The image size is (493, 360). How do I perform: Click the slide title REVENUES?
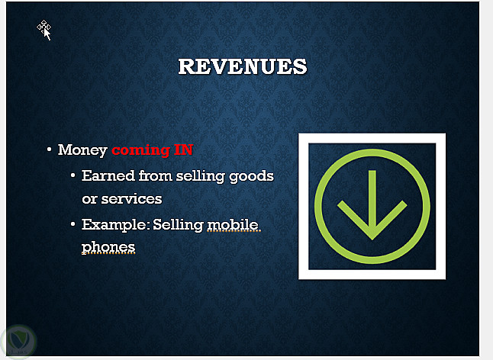click(x=243, y=66)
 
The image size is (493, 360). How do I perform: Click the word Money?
click(x=82, y=150)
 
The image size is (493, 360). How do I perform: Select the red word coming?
click(x=141, y=150)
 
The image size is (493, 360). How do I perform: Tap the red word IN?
click(x=183, y=149)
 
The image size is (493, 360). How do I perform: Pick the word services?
click(x=131, y=199)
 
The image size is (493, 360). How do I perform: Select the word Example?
click(x=115, y=225)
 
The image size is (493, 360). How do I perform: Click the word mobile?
click(x=233, y=225)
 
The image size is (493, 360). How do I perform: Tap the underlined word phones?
click(x=108, y=248)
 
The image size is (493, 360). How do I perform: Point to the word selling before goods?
click(x=200, y=176)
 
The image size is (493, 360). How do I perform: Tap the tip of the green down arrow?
click(x=372, y=239)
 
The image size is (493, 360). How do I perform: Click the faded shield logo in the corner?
click(x=18, y=342)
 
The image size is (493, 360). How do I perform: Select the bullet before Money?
click(x=49, y=149)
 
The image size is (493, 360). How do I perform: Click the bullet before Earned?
click(x=73, y=175)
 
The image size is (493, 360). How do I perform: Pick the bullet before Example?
click(x=73, y=224)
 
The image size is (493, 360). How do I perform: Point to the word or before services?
click(x=89, y=200)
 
